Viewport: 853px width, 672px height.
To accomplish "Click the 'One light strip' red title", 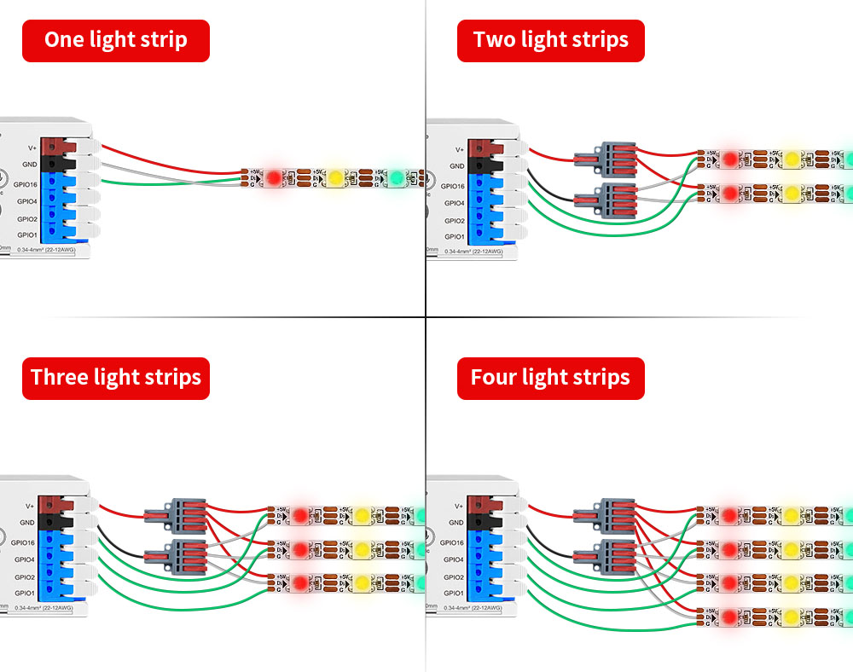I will click(116, 40).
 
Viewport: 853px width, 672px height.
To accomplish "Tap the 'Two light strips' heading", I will click(550, 40).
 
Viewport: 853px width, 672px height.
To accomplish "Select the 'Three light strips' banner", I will click(116, 378).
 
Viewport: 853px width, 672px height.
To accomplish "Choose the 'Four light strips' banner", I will click(550, 378).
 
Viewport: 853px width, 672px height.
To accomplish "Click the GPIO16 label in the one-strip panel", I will click(24, 184).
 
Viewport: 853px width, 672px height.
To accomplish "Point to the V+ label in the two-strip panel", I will click(459, 148).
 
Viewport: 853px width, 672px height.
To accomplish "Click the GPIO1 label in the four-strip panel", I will click(454, 593).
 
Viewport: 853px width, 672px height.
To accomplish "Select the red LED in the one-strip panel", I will click(273, 178).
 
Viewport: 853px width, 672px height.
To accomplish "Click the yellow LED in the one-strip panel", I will click(335, 178).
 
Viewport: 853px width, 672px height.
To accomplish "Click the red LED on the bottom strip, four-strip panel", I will click(728, 615).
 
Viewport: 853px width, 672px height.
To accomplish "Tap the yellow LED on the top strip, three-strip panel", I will click(362, 515).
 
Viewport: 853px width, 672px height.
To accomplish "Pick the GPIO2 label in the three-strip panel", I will click(26, 576).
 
